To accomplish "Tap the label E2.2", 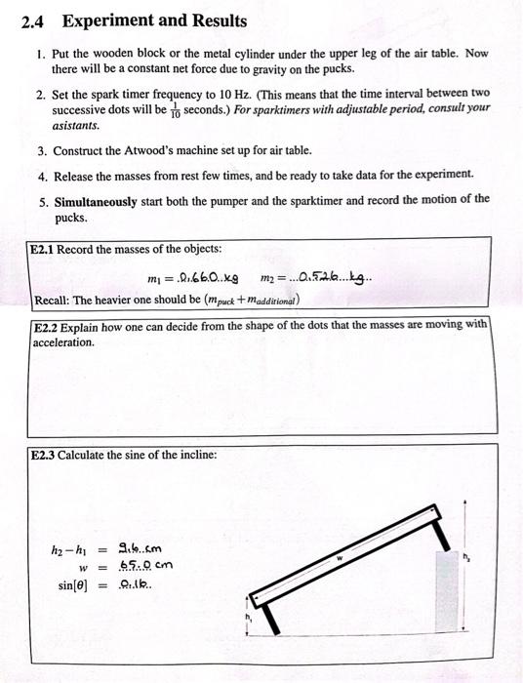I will [48, 326].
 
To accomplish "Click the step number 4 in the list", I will [42, 175].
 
